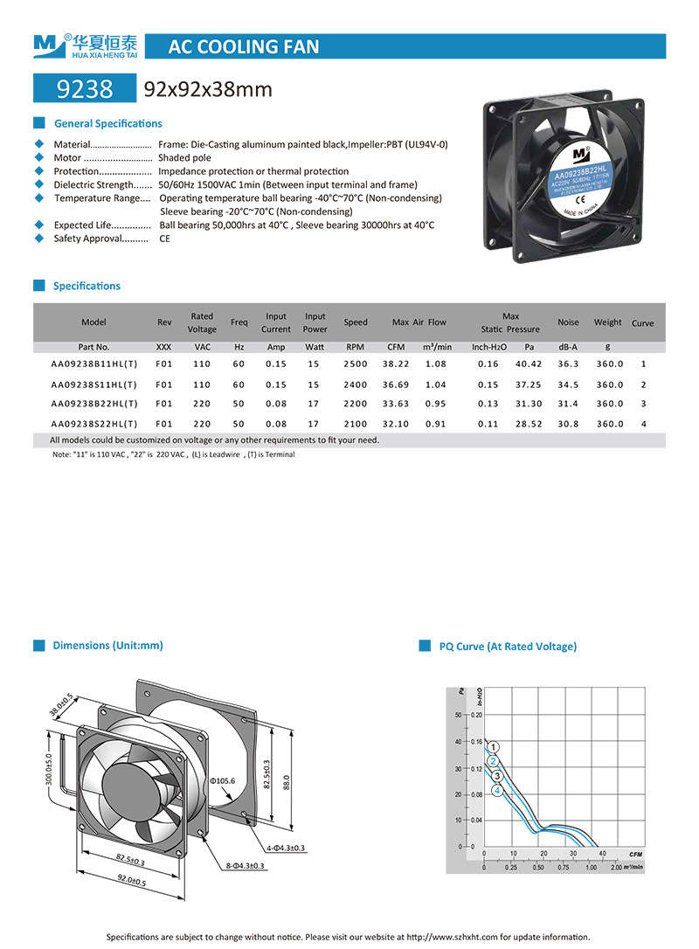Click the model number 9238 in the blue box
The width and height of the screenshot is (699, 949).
click(84, 89)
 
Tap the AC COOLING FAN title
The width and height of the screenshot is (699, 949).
click(243, 46)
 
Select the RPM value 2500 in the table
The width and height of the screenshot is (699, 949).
click(356, 364)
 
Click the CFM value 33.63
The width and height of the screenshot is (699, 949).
click(396, 404)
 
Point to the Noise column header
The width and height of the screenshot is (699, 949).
click(568, 322)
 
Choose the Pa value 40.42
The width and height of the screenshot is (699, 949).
click(529, 364)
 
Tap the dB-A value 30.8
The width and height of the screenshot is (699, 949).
click(568, 424)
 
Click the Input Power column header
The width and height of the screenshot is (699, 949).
click(315, 322)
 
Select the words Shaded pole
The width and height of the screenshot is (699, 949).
click(184, 158)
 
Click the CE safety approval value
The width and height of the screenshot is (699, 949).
click(164, 239)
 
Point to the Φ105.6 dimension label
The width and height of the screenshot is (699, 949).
click(223, 779)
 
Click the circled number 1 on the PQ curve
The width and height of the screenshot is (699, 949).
click(494, 747)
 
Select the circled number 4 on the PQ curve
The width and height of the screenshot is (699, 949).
click(498, 791)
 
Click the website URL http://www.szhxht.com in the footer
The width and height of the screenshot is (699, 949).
click(452, 937)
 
